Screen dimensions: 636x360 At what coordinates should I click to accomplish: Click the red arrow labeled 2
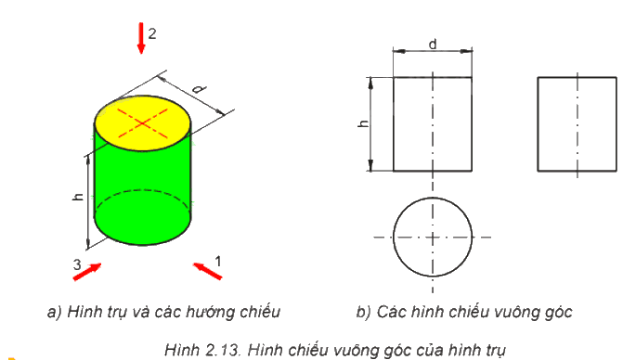[141, 38]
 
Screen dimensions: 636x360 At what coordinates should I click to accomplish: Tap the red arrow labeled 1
[207, 271]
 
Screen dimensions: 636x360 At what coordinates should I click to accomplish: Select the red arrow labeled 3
[87, 272]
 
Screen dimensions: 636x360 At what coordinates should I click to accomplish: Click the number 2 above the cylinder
[152, 33]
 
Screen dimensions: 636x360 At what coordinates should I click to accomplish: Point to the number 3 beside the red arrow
[77, 264]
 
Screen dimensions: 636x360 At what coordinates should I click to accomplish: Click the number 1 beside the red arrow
[218, 262]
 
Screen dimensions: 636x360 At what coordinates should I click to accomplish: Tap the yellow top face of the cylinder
[143, 123]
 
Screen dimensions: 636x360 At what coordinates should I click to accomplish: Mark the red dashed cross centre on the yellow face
[142, 123]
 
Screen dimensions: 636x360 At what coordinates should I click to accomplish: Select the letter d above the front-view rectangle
[433, 44]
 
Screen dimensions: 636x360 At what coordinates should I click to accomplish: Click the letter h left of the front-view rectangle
[364, 123]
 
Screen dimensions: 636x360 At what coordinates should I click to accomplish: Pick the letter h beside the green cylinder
[78, 197]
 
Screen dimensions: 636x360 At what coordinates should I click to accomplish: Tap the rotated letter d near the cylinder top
[199, 88]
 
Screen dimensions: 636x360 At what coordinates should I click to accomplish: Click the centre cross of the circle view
[433, 238]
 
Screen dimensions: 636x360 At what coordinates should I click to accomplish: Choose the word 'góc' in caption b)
[560, 313]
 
